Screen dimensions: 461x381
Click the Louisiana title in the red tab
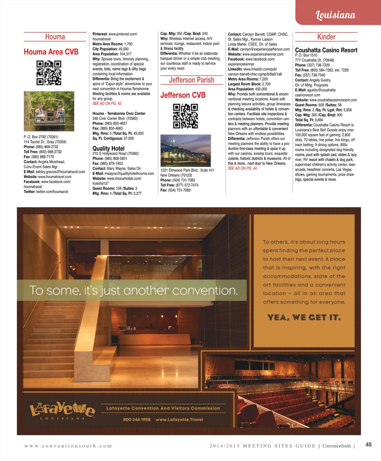pyautogui.click(x=336, y=15)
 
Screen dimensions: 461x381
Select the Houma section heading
pyautogui.click(x=55, y=37)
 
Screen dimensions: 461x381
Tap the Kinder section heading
pyautogui.click(x=326, y=37)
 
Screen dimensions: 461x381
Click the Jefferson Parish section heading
pyautogui.click(x=191, y=80)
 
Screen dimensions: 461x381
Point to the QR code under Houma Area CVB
pyautogui.click(x=49, y=73)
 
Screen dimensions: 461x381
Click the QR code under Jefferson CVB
pyautogui.click(x=185, y=116)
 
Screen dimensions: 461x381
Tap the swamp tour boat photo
pyautogui.click(x=49, y=111)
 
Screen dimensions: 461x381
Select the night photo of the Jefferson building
pyautogui.click(x=185, y=150)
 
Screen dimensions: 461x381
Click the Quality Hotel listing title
pyautogui.click(x=108, y=148)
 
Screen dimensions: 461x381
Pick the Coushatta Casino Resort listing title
pyautogui.click(x=326, y=50)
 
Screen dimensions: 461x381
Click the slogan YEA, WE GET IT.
pyautogui.click(x=304, y=318)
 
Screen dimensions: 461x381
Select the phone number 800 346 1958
pyautogui.click(x=137, y=420)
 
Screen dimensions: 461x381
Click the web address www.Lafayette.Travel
pyautogui.click(x=179, y=420)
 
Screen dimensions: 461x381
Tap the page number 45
pyautogui.click(x=368, y=445)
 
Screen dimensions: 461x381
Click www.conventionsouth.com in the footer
pyautogui.click(x=68, y=446)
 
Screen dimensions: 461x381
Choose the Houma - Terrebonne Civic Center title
pyautogui.click(x=119, y=114)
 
